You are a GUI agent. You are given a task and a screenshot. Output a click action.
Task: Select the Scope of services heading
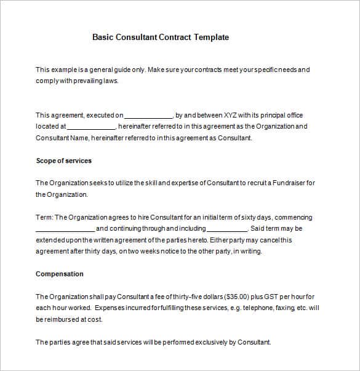coord(63,161)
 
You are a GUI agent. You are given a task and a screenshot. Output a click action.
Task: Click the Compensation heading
coord(60,274)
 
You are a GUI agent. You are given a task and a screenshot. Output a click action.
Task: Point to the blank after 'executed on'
coord(148,116)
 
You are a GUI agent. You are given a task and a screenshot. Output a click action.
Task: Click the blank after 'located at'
coord(90,127)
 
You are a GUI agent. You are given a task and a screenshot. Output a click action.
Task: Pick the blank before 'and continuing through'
coord(65,229)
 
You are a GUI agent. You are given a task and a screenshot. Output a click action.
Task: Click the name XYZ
coord(230,115)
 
